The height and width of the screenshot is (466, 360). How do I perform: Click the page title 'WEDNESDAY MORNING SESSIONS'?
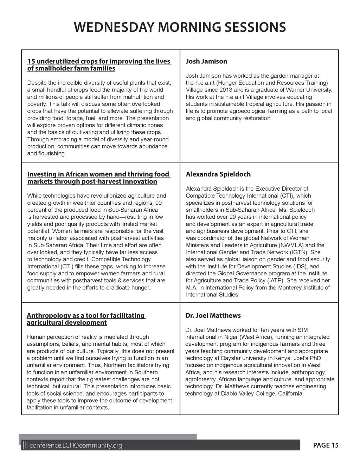pos(180,27)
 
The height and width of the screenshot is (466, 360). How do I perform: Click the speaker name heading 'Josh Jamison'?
pos(206,62)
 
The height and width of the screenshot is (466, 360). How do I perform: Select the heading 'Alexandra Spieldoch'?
pos(218,174)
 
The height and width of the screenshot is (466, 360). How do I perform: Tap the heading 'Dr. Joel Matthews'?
pos(213,315)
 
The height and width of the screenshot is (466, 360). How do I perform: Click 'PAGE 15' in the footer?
pos(326,446)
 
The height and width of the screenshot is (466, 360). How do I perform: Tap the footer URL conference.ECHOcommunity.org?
pos(76,446)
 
